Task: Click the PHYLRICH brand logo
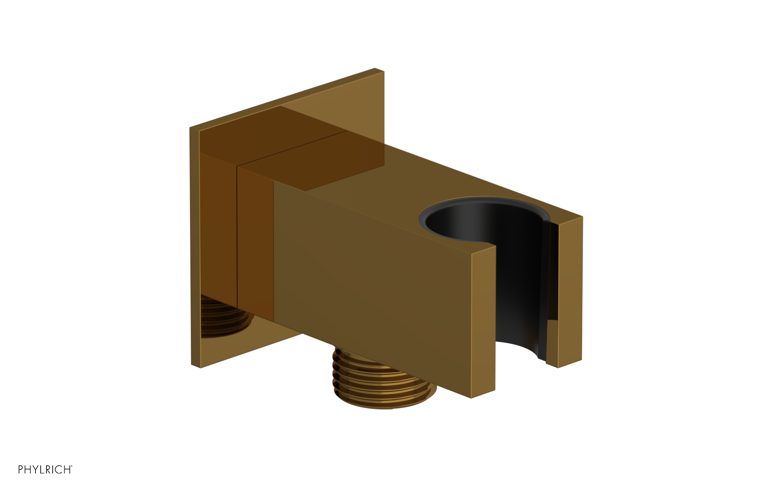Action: [45, 470]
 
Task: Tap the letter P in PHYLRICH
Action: [21, 470]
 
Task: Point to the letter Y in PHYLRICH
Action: [35, 470]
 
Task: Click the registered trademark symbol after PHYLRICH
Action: [71, 466]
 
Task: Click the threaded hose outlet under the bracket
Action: [383, 378]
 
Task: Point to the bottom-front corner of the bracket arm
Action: [472, 397]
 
